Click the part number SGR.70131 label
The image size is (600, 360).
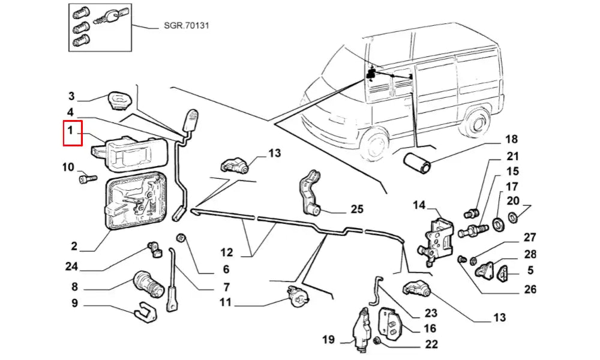pos(186,26)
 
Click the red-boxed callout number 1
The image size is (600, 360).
pos(71,130)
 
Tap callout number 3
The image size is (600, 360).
pos(71,96)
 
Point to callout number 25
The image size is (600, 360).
pos(357,209)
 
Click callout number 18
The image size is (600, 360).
pos(511,140)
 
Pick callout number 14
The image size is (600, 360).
pos(419,206)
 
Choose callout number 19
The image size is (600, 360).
pos(328,340)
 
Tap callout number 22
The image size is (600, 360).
pos(431,344)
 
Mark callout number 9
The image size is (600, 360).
pos(74,303)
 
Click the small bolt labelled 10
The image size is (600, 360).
pos(87,178)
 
